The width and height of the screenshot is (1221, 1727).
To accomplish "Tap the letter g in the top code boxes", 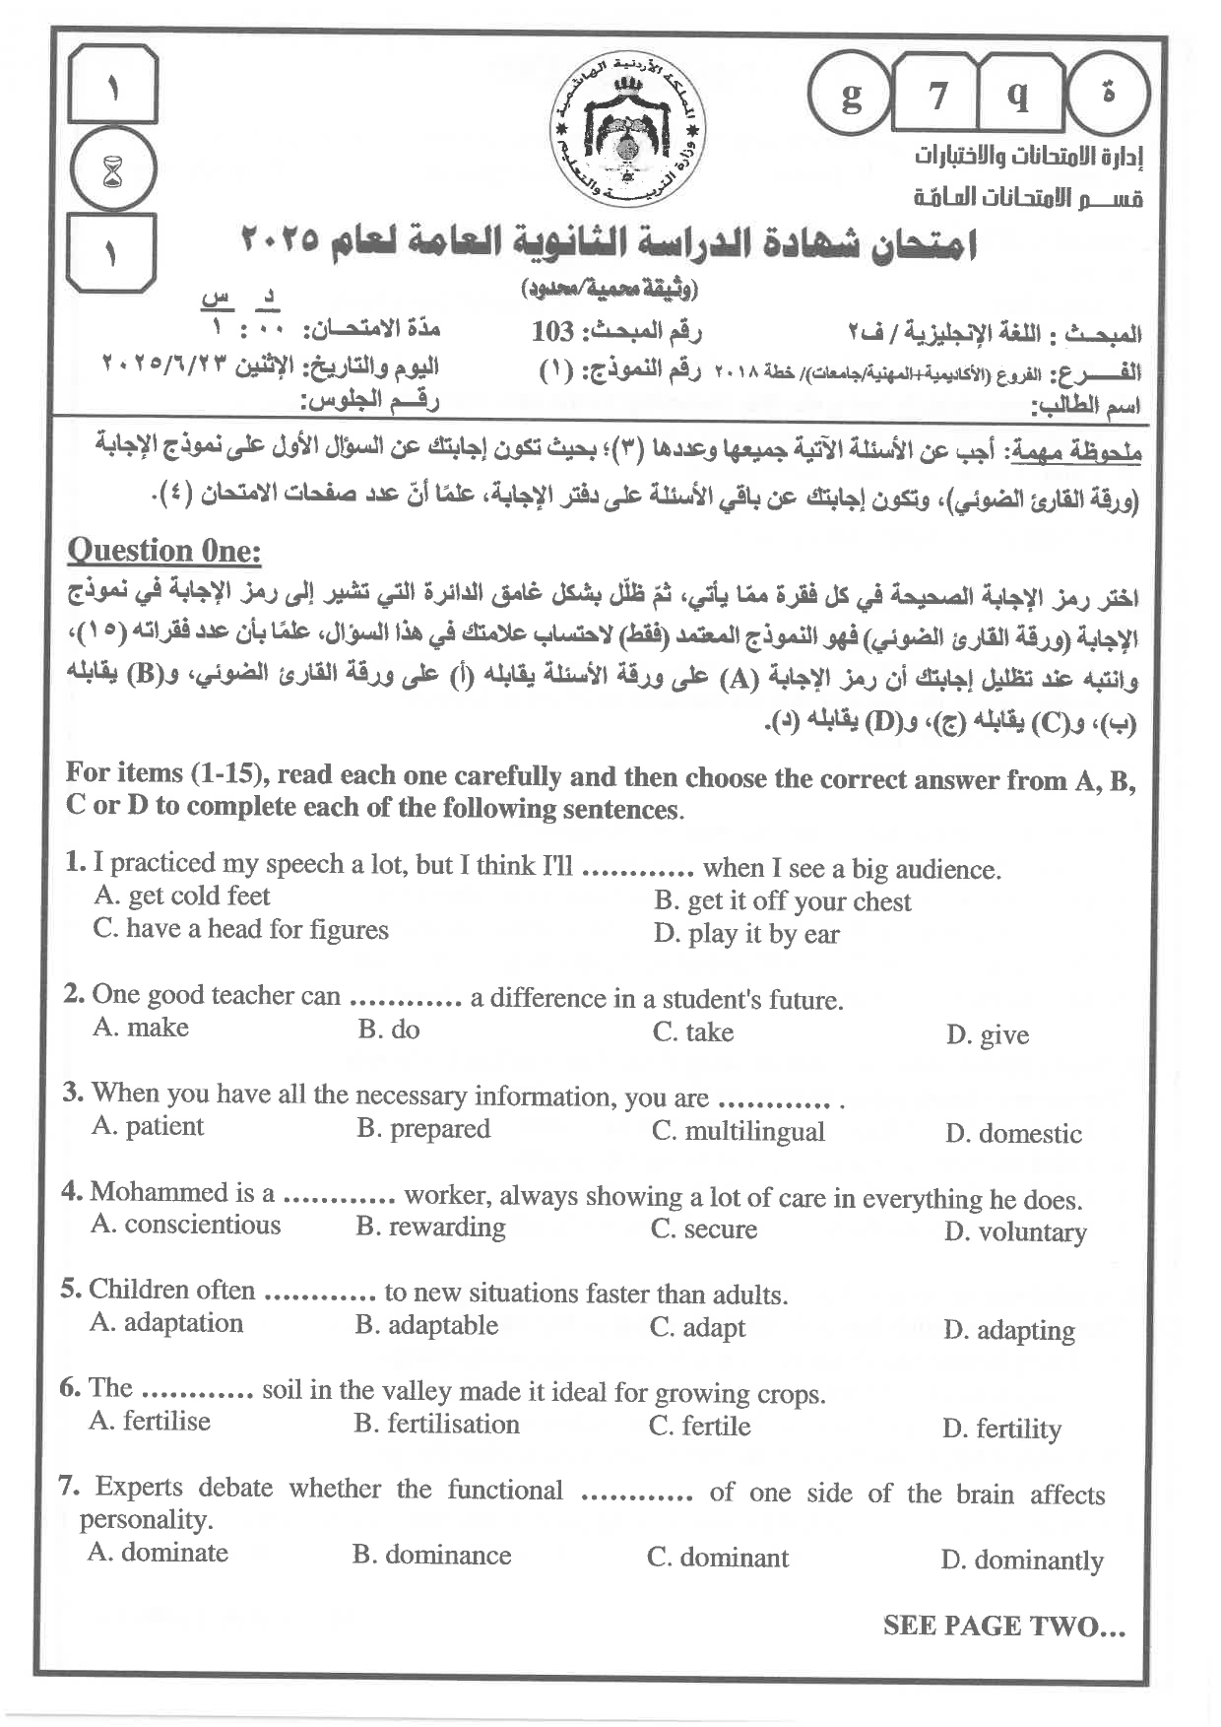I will (851, 97).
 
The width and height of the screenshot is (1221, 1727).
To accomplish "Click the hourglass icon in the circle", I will (114, 170).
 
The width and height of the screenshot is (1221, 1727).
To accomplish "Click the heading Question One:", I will (163, 551).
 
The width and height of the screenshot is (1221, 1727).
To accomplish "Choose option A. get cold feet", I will (181, 897).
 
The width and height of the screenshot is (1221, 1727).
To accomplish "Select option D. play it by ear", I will (746, 934).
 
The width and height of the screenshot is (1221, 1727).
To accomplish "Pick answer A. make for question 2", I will (141, 1028).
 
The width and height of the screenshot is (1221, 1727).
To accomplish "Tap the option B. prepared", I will (423, 1129).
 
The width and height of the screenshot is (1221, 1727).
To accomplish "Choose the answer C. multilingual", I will (739, 1131).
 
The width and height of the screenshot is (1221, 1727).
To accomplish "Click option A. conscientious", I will (186, 1225).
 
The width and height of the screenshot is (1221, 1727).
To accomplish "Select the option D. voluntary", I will (1015, 1232).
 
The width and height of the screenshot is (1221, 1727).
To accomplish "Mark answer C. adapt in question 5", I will (698, 1328).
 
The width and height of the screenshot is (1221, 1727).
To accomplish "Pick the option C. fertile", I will (700, 1427).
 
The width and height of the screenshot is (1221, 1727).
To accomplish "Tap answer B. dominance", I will (432, 1556).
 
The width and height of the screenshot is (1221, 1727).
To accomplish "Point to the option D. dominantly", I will (1022, 1561).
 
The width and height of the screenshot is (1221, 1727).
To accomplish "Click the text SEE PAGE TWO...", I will (1003, 1627).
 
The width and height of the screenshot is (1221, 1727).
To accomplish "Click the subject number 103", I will (552, 332).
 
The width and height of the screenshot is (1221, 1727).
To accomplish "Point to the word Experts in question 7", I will (139, 1488).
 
